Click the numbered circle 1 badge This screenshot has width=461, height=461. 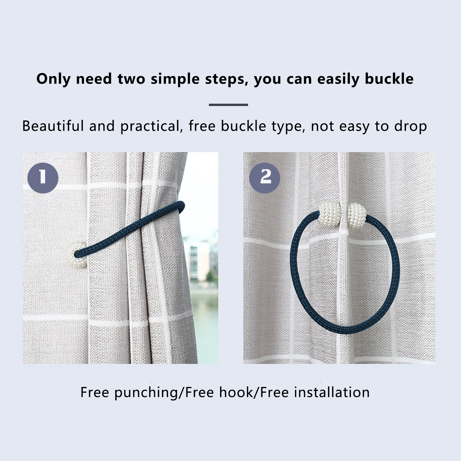tap(43, 178)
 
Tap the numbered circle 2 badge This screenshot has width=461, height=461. tap(264, 178)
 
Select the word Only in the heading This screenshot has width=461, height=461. tap(53, 79)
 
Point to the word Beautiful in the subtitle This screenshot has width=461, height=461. tap(53, 126)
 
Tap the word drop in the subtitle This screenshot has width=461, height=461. tap(411, 126)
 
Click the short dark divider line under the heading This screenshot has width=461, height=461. tap(228, 105)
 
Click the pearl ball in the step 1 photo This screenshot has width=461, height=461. tap(75, 254)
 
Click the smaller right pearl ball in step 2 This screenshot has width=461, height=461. tap(357, 215)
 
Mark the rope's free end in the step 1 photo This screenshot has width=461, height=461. tap(181, 206)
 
